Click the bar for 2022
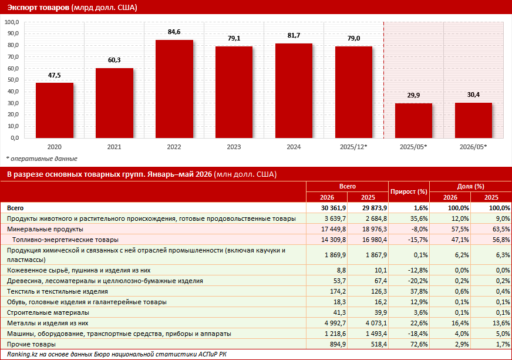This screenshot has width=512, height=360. pyautogui.click(x=174, y=89)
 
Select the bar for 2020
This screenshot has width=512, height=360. pyautogui.click(x=55, y=110)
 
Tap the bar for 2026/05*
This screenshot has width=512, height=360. pyautogui.click(x=473, y=120)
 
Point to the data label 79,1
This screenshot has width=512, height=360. pyautogui.click(x=234, y=38)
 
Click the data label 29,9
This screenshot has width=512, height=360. pyautogui.click(x=413, y=95)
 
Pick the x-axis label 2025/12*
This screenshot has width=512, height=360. pyautogui.click(x=353, y=147)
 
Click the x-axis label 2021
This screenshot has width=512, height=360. pyautogui.click(x=114, y=147)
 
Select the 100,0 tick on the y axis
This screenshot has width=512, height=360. pyautogui.click(x=12, y=22)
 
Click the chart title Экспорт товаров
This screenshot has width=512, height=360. pyautogui.click(x=38, y=7)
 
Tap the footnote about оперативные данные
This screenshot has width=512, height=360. pyautogui.click(x=42, y=159)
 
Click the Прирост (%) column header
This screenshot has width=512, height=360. pyautogui.click(x=409, y=192)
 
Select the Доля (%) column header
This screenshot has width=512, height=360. pyautogui.click(x=470, y=186)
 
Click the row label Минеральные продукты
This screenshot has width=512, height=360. pyautogui.click(x=45, y=229)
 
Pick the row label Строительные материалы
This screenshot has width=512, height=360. pyautogui.click(x=48, y=312)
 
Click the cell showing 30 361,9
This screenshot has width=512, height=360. pyautogui.click(x=334, y=208)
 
